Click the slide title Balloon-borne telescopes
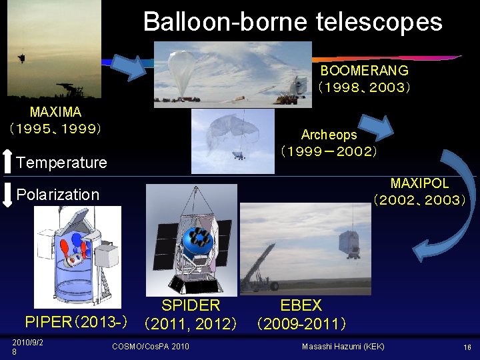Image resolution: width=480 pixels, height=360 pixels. pos(292,22)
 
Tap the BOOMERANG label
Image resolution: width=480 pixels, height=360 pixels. pos(364,70)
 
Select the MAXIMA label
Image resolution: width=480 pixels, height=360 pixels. pos(55,112)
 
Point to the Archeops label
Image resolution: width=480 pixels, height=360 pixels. pos(329,135)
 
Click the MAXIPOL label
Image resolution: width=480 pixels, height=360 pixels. pos(419,183)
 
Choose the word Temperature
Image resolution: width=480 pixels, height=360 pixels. pos(61,163)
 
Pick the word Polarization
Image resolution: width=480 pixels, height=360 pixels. pos(57,195)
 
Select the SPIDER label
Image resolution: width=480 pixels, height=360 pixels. pos(191,305)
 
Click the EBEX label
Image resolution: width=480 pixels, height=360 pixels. pos(301,305)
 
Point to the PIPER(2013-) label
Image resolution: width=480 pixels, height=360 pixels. pos(76,323)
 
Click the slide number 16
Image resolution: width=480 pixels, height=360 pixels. pos(467,347)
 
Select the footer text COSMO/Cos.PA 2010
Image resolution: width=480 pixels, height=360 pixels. pos(150,347)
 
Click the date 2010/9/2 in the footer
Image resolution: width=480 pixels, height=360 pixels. pos(27,343)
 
